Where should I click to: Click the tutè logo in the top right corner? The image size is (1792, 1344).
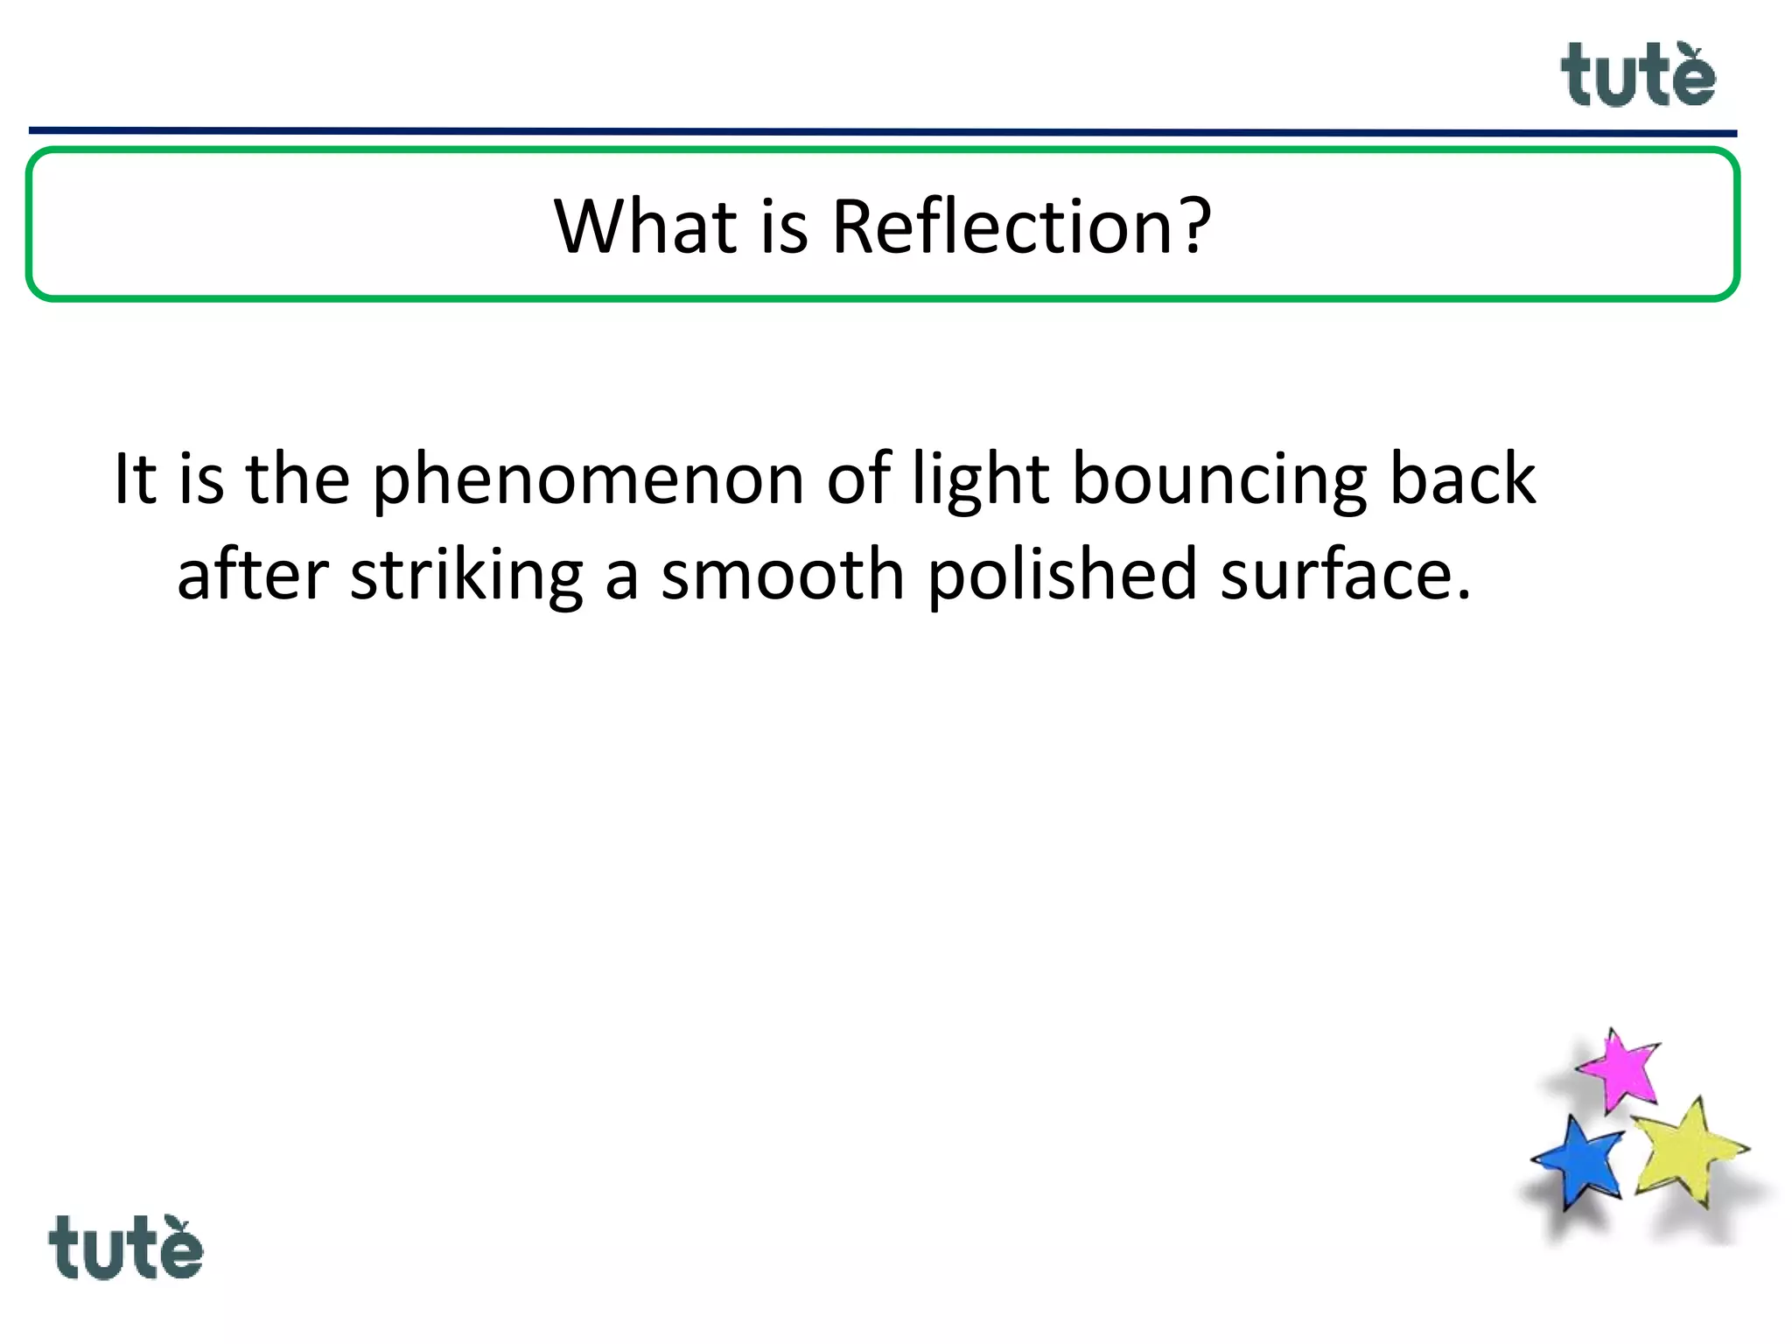tap(1637, 76)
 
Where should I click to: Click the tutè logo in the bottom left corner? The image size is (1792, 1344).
tap(125, 1248)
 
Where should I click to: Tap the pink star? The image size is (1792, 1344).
tap(1620, 1070)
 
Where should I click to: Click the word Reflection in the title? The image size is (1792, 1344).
tap(1002, 227)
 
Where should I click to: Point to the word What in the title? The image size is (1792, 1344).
tap(646, 227)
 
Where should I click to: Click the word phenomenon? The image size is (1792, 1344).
tap(588, 481)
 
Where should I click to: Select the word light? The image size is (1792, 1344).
tap(981, 481)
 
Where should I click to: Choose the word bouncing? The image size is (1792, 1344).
tap(1219, 481)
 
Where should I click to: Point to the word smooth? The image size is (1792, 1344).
tap(782, 575)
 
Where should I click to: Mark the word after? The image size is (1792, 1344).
tap(253, 575)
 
